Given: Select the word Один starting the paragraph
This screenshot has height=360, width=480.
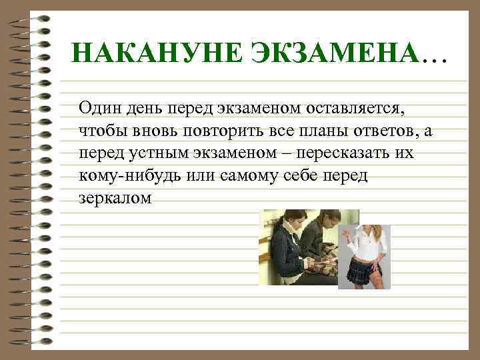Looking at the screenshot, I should tap(98, 107).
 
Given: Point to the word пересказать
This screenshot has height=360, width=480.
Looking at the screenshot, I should tap(345, 153).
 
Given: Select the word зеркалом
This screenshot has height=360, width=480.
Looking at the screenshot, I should tap(115, 199).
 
